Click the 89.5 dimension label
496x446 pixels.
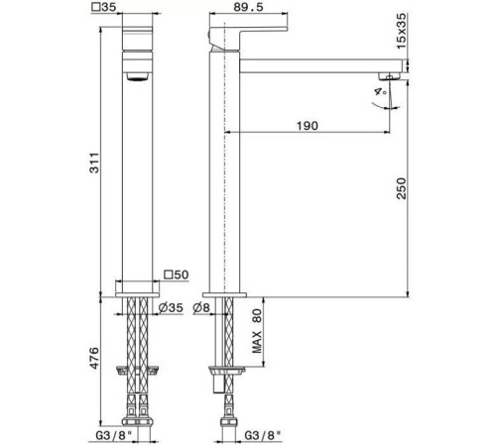[248, 7]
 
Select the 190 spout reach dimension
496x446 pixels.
[308, 126]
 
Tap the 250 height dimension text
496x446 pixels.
[401, 188]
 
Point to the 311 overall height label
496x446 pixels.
[94, 163]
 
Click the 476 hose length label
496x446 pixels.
[94, 358]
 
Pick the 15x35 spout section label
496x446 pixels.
[401, 31]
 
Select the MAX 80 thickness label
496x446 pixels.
[257, 331]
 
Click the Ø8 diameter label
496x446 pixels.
[201, 308]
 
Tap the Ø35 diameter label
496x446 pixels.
[171, 308]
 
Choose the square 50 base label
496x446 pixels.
[177, 275]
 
